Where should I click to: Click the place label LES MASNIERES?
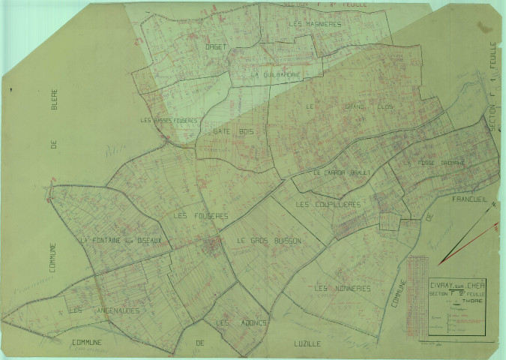(314, 23)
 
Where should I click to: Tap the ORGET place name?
(216, 46)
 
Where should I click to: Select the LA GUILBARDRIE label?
(277, 75)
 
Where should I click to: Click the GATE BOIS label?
(233, 131)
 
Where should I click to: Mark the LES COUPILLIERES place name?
(328, 204)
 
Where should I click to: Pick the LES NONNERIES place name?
(343, 289)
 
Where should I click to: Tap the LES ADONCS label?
(232, 323)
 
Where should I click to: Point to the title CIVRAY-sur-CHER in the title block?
(442, 284)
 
